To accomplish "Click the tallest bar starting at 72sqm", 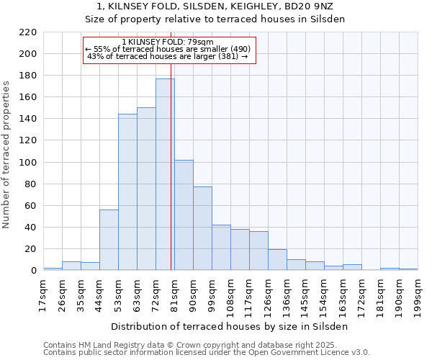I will [165, 174].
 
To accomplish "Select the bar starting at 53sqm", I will [127, 192].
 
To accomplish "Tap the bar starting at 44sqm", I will [109, 240].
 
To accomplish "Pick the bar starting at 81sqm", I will [184, 215].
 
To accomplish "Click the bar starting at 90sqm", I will [202, 228].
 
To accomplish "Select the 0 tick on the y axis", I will [33, 271].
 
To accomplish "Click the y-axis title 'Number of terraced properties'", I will [6, 154].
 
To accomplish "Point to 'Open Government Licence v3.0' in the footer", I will [308, 352].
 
